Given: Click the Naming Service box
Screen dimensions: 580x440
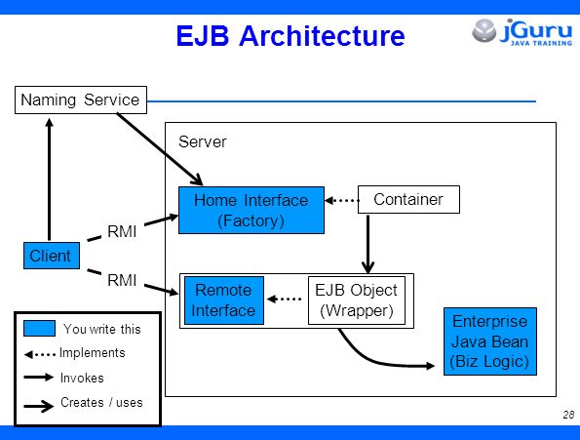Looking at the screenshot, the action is click(81, 100).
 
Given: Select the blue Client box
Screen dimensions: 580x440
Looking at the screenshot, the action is click(52, 256).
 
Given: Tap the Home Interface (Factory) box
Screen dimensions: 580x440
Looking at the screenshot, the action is click(251, 210).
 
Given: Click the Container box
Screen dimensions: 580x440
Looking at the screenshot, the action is click(408, 199).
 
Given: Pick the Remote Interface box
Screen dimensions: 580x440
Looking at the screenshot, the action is click(224, 300).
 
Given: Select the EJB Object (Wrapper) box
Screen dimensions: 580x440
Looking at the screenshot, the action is click(357, 300).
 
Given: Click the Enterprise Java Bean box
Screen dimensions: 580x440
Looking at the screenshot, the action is click(490, 341).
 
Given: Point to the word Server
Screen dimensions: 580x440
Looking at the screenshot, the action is click(203, 141).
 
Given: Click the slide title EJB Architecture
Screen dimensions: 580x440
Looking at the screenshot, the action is click(290, 36).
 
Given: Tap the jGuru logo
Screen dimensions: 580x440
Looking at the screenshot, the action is click(522, 32).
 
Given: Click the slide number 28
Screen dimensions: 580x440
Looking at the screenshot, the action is click(568, 415).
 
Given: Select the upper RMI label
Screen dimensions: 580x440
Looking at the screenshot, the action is click(122, 231).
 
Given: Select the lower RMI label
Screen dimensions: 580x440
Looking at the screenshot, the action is click(122, 280).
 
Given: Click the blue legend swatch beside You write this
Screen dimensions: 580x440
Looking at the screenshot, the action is click(39, 328).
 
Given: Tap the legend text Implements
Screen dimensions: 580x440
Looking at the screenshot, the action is click(92, 353).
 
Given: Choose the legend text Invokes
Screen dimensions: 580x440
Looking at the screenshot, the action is click(82, 378).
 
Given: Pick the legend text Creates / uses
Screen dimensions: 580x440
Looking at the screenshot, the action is click(101, 402).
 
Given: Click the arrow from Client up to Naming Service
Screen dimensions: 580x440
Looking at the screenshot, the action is click(49, 180).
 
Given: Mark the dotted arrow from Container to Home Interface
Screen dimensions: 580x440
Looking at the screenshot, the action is click(342, 201).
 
